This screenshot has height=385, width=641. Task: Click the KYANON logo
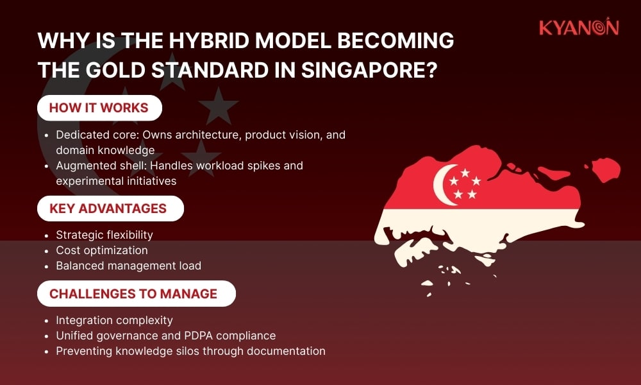pos(578,28)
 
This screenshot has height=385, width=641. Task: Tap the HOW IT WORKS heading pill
pos(99,108)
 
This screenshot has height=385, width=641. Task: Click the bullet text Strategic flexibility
pos(104,235)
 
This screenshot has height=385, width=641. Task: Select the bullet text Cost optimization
pos(102,250)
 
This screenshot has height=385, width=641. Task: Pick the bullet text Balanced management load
pos(128,266)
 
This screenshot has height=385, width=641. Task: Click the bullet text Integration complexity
pos(114,320)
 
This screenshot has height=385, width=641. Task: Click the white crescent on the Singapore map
pos(443,184)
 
